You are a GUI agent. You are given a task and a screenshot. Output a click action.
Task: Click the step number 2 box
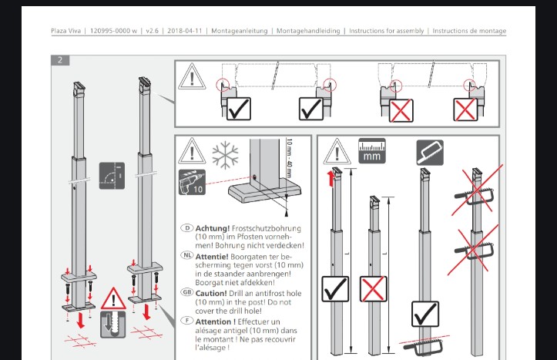60,60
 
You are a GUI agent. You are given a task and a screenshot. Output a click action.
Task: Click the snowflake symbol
225,155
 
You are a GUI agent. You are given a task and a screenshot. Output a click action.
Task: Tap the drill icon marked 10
192,182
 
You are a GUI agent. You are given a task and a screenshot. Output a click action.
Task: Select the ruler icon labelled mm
372,151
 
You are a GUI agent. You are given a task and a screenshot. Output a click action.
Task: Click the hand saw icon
430,153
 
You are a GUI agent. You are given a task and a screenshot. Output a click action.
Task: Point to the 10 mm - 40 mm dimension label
289,159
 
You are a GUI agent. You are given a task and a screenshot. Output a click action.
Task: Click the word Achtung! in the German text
213,228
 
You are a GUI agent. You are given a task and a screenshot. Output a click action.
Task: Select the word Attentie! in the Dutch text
212,257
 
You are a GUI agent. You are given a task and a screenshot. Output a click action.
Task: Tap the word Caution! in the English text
211,294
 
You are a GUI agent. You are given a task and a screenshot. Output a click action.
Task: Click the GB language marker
187,292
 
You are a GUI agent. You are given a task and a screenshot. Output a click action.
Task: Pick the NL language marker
187,255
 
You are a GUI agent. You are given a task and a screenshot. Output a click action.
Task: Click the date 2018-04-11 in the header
185,31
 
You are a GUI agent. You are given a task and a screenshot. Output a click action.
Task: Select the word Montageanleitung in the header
240,31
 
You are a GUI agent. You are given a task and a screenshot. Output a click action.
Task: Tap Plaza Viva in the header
65,31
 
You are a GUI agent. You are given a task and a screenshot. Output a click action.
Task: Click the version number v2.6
152,31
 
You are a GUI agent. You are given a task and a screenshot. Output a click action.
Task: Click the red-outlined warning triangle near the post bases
113,299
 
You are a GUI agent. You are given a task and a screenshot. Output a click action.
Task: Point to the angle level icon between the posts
112,176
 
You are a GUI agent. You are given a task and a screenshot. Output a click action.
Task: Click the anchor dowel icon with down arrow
113,324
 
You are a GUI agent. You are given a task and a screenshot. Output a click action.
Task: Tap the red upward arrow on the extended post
331,179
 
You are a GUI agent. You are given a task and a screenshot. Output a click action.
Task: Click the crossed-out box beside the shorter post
374,288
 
